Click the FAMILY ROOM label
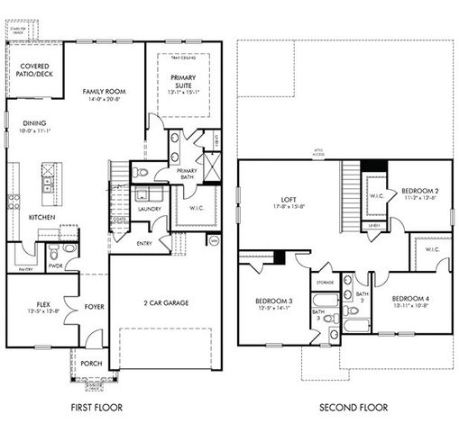(x=104, y=92)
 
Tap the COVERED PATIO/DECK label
(x=33, y=69)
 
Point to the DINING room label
(x=35, y=124)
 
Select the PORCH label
(x=91, y=364)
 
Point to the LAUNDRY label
(x=149, y=209)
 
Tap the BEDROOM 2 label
(x=420, y=191)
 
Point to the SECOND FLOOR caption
(x=353, y=408)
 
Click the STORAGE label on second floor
(x=326, y=282)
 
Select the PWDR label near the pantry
(x=54, y=266)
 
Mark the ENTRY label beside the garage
(x=145, y=243)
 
